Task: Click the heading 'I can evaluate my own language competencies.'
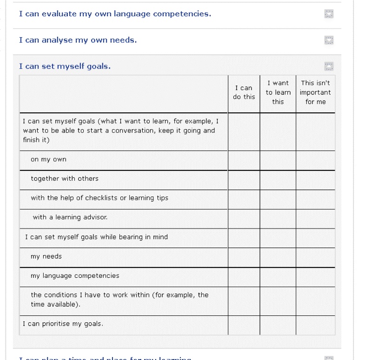click(115, 14)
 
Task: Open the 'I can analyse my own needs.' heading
click(78, 40)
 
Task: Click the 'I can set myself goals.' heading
click(65, 66)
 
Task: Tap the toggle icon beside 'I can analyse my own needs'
click(329, 40)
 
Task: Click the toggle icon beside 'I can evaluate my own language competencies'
click(329, 14)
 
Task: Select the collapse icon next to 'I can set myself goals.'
click(329, 66)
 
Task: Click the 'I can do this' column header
click(244, 92)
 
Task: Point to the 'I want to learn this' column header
click(278, 92)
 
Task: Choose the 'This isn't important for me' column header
click(315, 92)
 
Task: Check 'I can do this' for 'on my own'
click(244, 160)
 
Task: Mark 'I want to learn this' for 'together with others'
click(278, 180)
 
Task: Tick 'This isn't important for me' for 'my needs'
click(315, 257)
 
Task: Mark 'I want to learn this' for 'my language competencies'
click(278, 277)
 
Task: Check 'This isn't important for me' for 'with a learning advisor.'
click(315, 219)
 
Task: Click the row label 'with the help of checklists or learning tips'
click(99, 198)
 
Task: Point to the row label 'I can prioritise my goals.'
click(63, 324)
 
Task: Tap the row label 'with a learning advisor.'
click(70, 217)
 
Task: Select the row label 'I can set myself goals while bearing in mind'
click(96, 237)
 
